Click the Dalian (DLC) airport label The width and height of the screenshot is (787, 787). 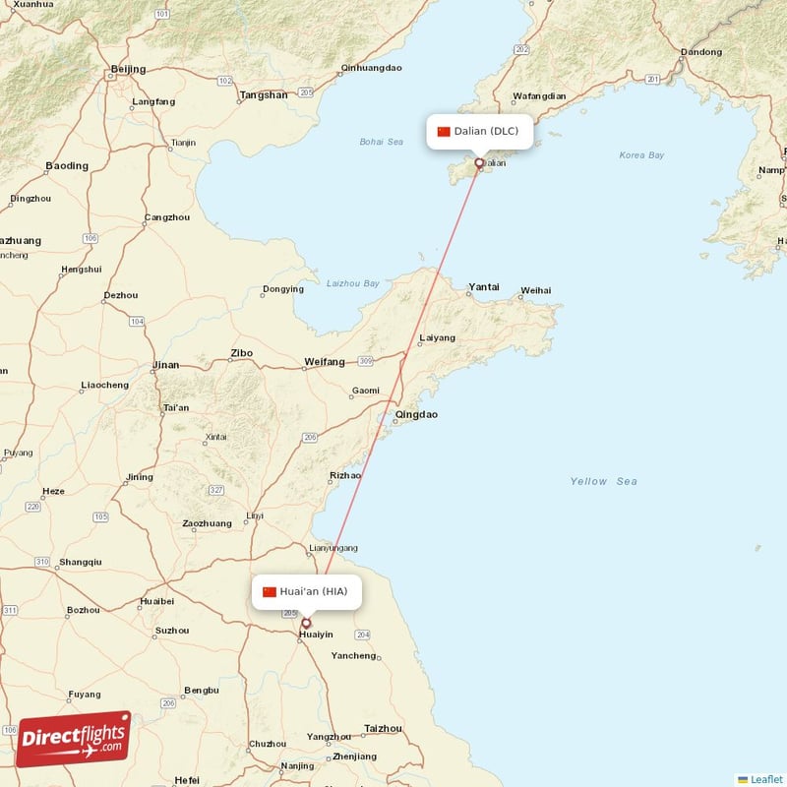pos(479,131)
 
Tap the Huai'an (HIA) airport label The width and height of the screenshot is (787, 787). pos(305,591)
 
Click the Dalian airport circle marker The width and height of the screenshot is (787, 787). pos(479,163)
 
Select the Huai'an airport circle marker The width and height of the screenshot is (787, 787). pos(306,623)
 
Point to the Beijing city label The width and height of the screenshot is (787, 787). pos(128,69)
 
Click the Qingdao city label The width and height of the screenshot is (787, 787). pos(416,415)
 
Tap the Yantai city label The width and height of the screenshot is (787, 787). pos(483,287)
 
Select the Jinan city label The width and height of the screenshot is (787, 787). pos(165,365)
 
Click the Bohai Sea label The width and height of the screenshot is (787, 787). pos(381,142)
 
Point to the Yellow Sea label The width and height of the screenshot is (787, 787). pos(603,481)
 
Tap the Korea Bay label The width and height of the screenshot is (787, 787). pos(641,155)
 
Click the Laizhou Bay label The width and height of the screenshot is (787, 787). pos(351,284)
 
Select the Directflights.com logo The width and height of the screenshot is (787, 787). pos(73,739)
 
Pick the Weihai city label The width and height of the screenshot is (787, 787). pos(535,290)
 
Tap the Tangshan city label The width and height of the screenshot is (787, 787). pos(264,95)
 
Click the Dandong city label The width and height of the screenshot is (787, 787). pos(700,52)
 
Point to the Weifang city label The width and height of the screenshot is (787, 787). pos(325,362)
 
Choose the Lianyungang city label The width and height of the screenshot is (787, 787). pos(333,548)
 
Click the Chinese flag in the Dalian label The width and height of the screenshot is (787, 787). pos(444,132)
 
